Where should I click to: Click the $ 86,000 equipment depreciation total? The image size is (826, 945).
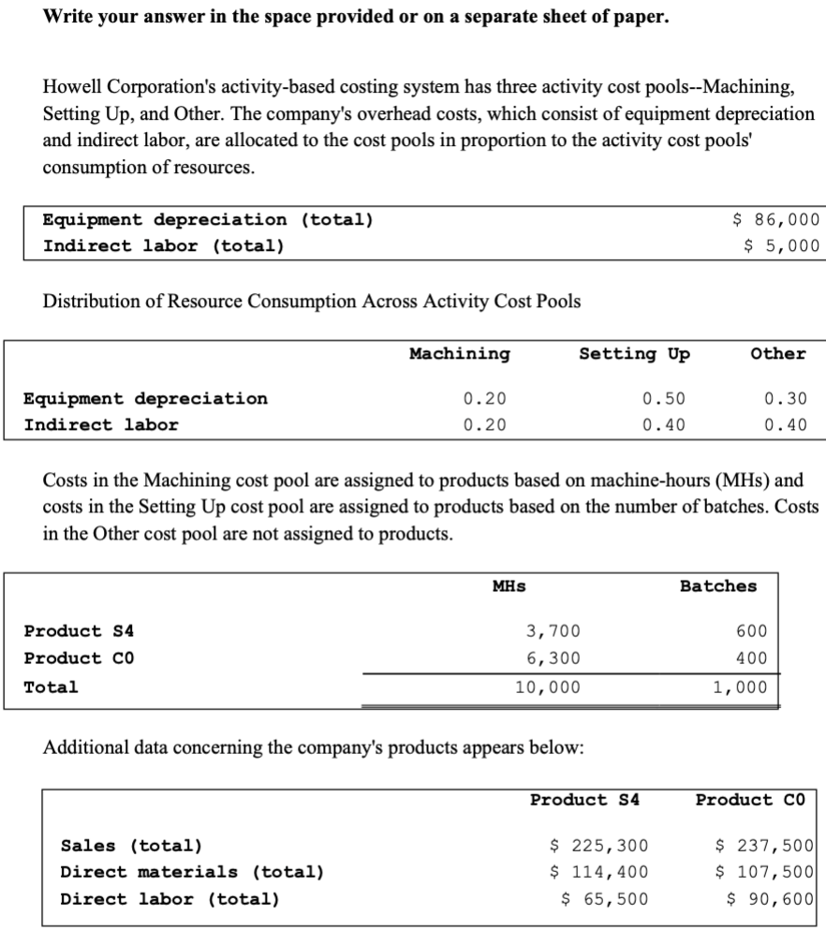click(774, 220)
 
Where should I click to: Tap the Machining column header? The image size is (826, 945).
click(460, 354)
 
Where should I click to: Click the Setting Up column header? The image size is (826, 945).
click(634, 354)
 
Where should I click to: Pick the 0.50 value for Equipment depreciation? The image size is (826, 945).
click(663, 399)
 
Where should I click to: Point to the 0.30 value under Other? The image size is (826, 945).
click(785, 399)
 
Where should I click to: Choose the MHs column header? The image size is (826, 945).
click(509, 586)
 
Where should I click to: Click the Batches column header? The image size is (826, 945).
click(717, 586)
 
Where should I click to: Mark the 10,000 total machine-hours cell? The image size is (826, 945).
click(548, 687)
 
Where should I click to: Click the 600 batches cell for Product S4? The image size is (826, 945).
click(751, 631)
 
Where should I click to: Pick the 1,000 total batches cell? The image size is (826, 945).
click(739, 687)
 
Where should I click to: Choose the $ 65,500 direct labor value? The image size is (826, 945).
click(602, 899)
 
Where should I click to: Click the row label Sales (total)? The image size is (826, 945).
click(131, 846)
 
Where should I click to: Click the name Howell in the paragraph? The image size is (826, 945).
click(72, 89)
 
